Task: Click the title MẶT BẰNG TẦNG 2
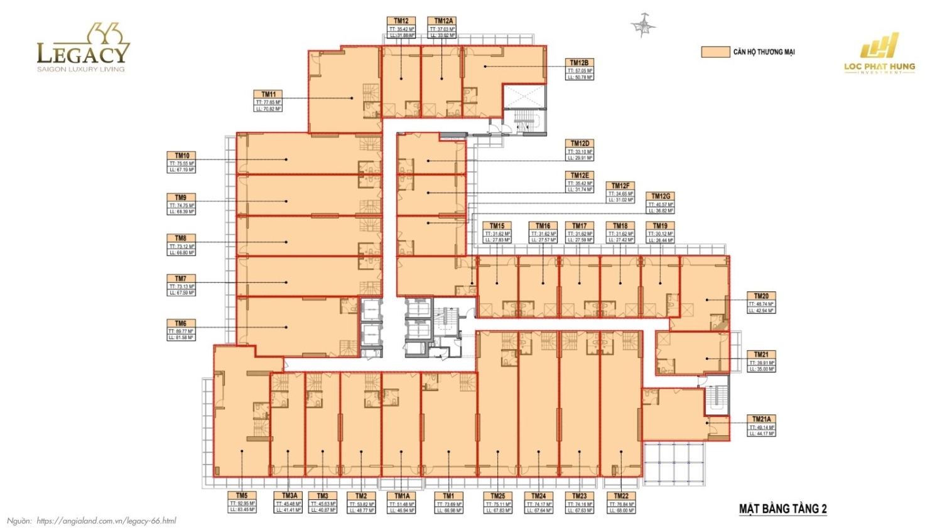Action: click(x=782, y=509)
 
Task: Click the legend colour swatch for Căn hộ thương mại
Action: click(x=715, y=52)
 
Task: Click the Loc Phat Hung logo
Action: click(x=879, y=56)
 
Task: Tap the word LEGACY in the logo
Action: click(x=83, y=54)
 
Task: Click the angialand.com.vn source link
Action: click(x=106, y=521)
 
